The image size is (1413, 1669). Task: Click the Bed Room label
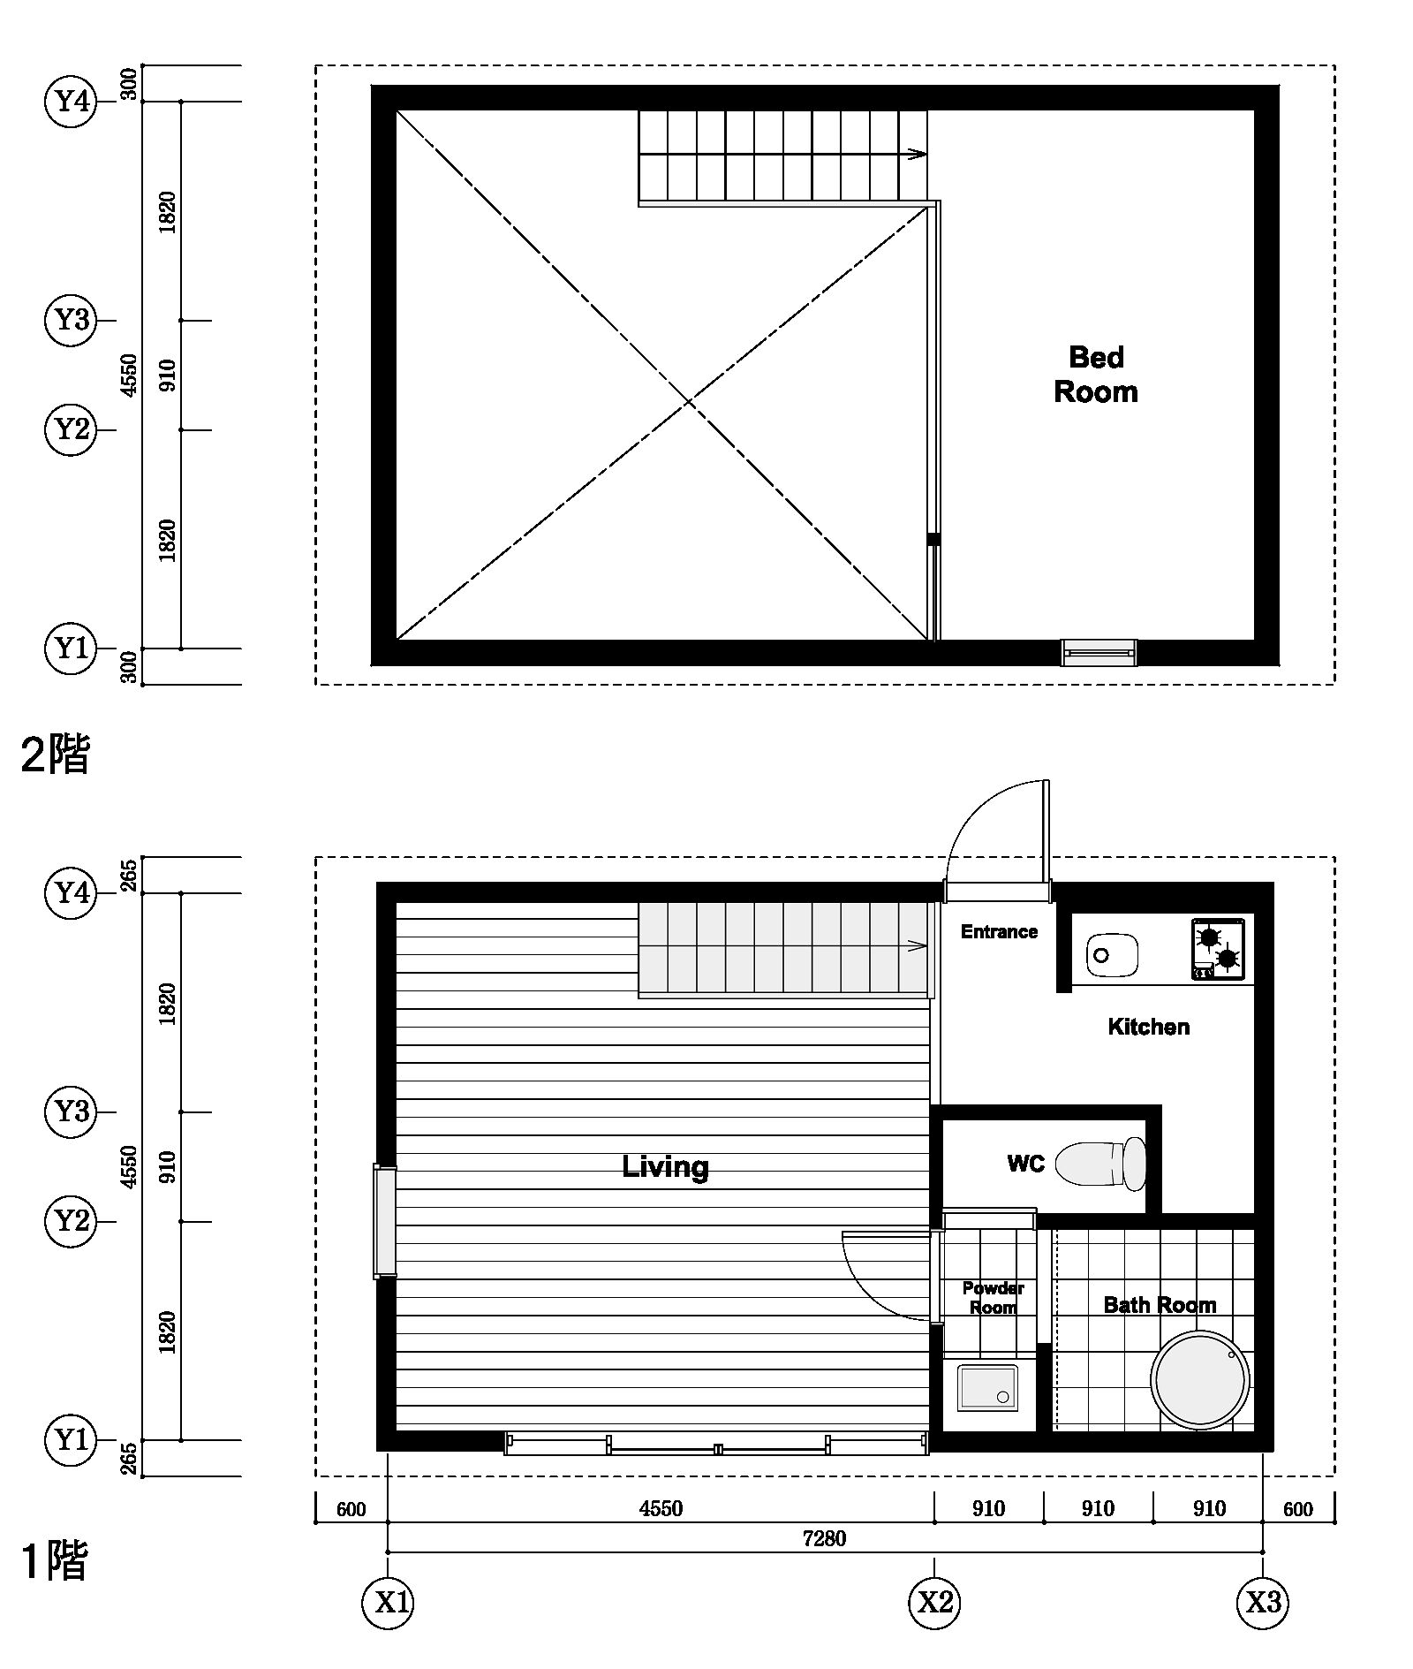pyautogui.click(x=1096, y=375)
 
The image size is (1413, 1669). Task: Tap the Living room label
pyautogui.click(x=665, y=1167)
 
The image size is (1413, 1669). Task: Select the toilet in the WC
pyautogui.click(x=1101, y=1164)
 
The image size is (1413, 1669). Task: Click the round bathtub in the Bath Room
pyautogui.click(x=1199, y=1379)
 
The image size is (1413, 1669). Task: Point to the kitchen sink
pyautogui.click(x=1112, y=955)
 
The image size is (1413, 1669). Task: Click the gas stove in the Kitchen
pyautogui.click(x=1218, y=949)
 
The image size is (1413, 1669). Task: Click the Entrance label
pyautogui.click(x=999, y=931)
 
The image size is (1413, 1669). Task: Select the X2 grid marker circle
pyautogui.click(x=934, y=1602)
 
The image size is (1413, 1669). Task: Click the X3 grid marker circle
pyautogui.click(x=1263, y=1602)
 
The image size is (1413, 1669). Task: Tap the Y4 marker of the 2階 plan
pyautogui.click(x=71, y=102)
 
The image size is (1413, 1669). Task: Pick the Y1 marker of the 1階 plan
pyautogui.click(x=71, y=1440)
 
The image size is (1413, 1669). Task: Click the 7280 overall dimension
pyautogui.click(x=824, y=1538)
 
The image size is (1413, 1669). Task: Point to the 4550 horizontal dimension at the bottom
pyautogui.click(x=661, y=1508)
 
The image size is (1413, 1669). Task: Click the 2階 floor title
pyautogui.click(x=55, y=755)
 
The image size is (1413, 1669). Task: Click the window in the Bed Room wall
pyautogui.click(x=1099, y=652)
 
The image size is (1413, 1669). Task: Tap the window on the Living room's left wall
pyautogui.click(x=385, y=1222)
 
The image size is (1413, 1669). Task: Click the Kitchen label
pyautogui.click(x=1148, y=1027)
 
